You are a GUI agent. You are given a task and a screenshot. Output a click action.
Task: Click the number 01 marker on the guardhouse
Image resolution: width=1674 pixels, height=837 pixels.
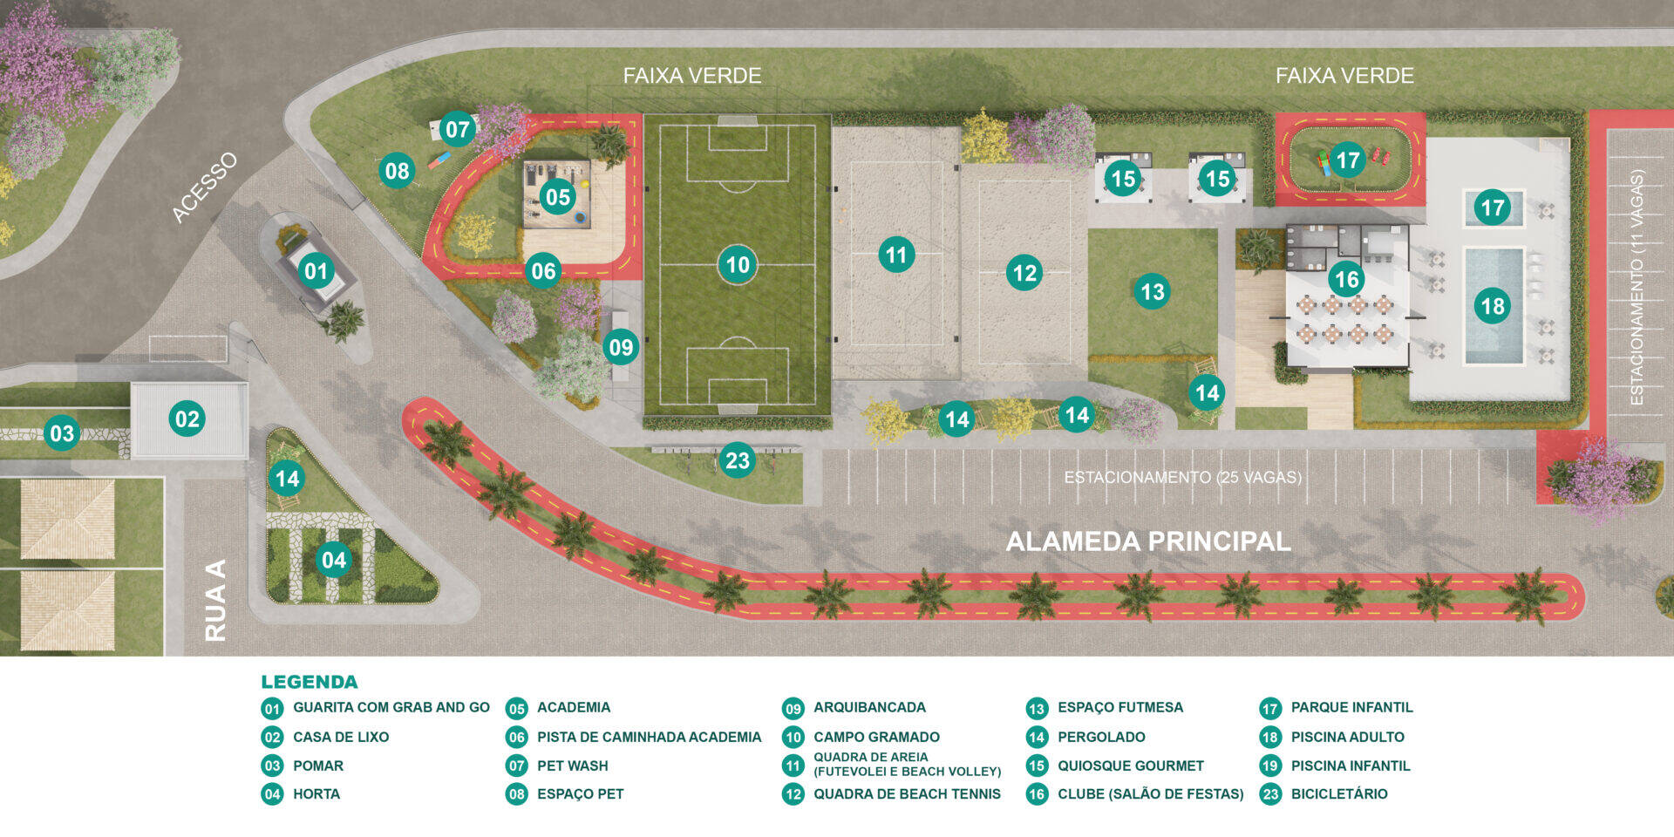coord(316,271)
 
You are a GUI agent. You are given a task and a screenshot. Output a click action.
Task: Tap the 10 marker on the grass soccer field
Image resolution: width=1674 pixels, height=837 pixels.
coord(738,264)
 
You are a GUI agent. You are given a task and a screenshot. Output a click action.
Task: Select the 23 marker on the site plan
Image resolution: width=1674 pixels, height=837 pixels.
coord(738,460)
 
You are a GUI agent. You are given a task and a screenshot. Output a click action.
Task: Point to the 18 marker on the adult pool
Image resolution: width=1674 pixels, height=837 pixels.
coord(1493,306)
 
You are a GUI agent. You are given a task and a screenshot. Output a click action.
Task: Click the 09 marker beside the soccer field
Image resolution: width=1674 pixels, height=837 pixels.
coord(621,348)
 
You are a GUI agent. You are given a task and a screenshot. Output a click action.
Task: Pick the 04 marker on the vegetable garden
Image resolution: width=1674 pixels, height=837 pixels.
coord(334,560)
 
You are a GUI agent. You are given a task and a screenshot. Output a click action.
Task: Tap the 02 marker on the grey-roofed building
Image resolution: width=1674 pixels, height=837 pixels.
coord(187,419)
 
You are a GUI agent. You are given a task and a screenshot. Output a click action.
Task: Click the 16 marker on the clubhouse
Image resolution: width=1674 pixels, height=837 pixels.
coord(1347,279)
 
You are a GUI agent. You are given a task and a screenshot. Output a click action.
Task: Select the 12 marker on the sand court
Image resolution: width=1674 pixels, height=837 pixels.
coord(1024,274)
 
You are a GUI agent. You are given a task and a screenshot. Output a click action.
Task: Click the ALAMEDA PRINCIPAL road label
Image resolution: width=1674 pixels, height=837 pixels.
coord(1148,541)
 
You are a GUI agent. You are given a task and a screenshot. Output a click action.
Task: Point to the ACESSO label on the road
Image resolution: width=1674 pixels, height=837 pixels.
coord(204,187)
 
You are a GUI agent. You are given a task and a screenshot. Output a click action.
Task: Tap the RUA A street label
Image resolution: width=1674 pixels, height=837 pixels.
coord(215,601)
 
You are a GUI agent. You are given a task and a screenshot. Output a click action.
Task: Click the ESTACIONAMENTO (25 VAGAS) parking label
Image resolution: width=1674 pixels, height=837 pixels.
coord(1182,478)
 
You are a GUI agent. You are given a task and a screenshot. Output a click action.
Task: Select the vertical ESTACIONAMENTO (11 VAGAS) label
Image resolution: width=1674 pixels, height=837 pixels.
coord(1637,288)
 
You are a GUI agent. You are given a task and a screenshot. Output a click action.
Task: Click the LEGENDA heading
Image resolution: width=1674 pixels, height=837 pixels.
coord(310,682)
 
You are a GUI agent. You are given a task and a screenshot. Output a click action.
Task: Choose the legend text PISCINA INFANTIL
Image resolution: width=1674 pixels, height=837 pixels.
coord(1351,766)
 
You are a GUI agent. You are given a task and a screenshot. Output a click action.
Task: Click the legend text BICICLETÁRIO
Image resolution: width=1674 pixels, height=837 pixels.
coord(1339,793)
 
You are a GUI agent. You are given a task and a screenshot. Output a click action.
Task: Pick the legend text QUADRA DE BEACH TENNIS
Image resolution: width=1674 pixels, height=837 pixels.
coord(907,794)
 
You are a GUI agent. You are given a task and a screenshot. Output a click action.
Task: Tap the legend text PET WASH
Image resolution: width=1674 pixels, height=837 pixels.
coord(573,766)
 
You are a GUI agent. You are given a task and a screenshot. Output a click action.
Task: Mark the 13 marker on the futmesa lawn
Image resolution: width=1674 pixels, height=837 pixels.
coord(1153,291)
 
